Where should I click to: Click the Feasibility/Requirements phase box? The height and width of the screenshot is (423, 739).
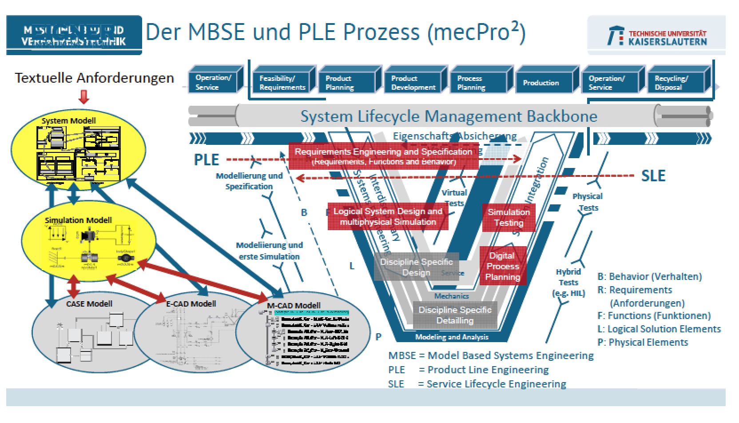[282, 83]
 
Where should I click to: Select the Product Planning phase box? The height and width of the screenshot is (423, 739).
[347, 83]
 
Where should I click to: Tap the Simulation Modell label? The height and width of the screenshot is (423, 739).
[78, 220]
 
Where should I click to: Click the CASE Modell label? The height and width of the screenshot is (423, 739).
[89, 304]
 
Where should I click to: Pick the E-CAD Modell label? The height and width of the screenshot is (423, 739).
[191, 304]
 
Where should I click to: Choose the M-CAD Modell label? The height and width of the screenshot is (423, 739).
[294, 306]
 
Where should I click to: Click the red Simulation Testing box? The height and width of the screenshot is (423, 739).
[509, 217]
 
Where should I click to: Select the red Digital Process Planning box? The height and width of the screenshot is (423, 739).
[502, 266]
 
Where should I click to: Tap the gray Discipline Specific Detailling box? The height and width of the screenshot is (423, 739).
[455, 315]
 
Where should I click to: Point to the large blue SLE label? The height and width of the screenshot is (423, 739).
[653, 176]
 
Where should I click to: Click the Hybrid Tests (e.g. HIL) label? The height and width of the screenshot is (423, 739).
[568, 282]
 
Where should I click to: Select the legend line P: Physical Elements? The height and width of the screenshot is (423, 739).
[643, 342]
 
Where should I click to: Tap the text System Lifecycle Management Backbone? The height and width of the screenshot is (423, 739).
[449, 116]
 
